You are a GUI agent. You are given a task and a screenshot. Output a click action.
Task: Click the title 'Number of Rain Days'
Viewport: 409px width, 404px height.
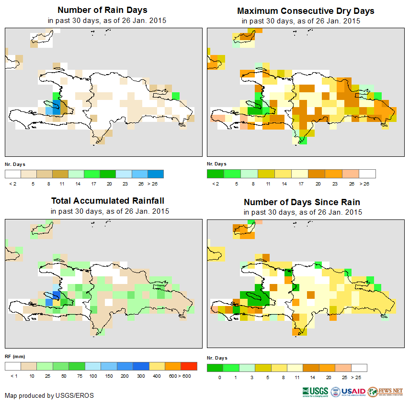point(102,10)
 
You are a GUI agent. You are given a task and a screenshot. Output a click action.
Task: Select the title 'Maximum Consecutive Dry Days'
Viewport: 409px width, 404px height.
point(306,11)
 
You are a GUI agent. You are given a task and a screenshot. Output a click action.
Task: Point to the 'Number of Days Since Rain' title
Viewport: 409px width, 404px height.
point(302,202)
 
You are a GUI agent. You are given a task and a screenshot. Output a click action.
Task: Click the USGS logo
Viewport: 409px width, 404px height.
point(315,392)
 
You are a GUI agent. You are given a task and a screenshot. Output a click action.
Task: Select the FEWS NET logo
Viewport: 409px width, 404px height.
point(385,392)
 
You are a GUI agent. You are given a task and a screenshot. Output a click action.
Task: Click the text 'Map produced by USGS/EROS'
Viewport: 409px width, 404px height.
point(49,395)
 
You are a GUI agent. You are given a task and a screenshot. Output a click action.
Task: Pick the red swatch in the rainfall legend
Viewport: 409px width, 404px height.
point(189,366)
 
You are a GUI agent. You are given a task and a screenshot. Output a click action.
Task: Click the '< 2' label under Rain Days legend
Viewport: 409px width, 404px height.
point(12,183)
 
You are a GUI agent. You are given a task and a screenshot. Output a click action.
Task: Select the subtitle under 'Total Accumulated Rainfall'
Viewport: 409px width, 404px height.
point(110,211)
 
